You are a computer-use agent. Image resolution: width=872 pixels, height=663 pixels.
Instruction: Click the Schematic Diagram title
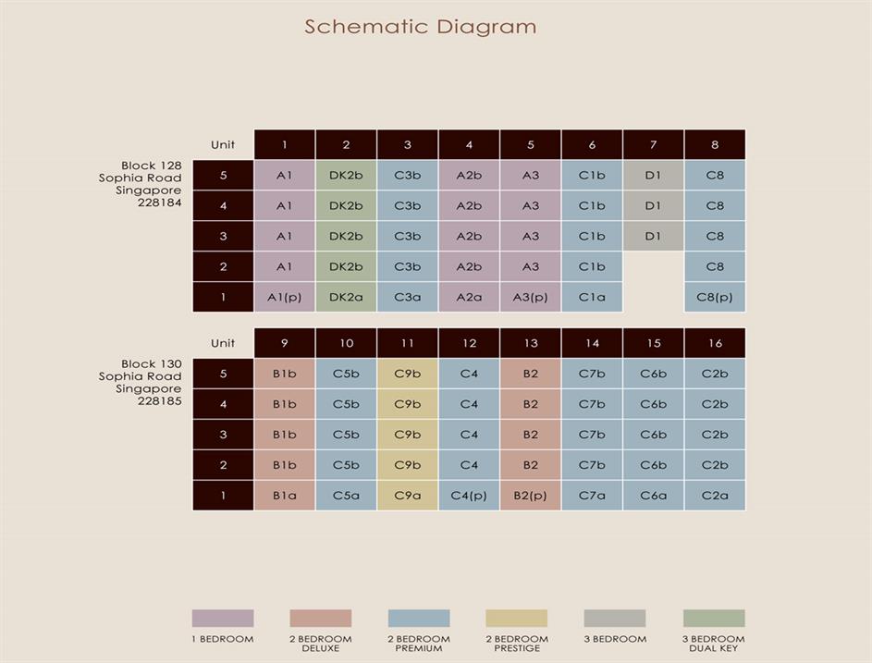tap(421, 26)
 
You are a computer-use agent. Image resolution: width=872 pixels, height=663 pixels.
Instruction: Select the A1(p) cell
tap(284, 298)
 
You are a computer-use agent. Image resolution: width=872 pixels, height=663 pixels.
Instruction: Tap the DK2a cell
tap(346, 298)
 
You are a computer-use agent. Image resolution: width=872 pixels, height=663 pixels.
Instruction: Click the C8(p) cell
tap(715, 298)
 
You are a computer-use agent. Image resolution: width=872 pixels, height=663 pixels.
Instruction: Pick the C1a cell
tap(592, 298)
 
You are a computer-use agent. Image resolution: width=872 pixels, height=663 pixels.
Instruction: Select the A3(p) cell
tap(530, 298)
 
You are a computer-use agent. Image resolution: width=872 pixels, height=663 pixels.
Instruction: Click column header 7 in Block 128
tap(653, 144)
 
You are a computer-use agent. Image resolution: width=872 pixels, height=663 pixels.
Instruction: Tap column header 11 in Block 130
tap(408, 343)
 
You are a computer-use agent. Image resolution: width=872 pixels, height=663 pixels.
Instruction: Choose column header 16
tap(715, 343)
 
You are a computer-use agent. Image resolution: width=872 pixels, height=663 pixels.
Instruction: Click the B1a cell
tap(284, 496)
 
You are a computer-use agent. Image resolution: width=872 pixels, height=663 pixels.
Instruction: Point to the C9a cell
tap(408, 496)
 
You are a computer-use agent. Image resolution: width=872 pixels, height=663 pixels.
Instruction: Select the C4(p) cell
tap(469, 496)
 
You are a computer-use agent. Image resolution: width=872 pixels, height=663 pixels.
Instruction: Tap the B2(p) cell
tap(530, 496)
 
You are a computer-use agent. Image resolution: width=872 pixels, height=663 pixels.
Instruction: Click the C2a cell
tap(715, 496)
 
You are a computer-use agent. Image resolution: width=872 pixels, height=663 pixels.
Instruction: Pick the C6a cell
tap(653, 496)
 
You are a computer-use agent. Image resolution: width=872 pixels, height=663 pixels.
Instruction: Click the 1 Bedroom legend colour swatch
tap(223, 619)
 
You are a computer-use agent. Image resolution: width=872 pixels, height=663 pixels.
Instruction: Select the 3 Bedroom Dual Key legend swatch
tap(714, 619)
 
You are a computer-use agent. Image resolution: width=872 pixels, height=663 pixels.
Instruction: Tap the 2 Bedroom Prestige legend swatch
tap(517, 619)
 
